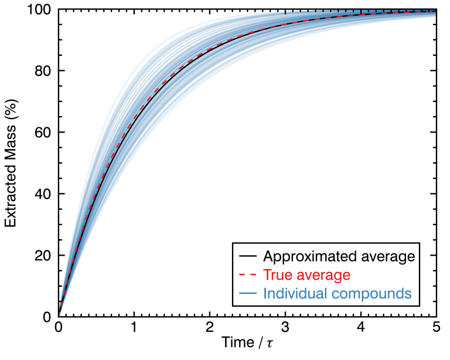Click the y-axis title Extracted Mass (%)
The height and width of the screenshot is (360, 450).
11,162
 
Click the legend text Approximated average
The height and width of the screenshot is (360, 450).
339,257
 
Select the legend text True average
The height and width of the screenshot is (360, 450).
307,275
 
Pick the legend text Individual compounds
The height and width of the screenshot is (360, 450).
337,293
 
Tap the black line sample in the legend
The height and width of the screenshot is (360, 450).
248,257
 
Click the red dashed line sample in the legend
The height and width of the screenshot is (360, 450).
248,275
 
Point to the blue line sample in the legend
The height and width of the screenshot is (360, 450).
248,293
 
